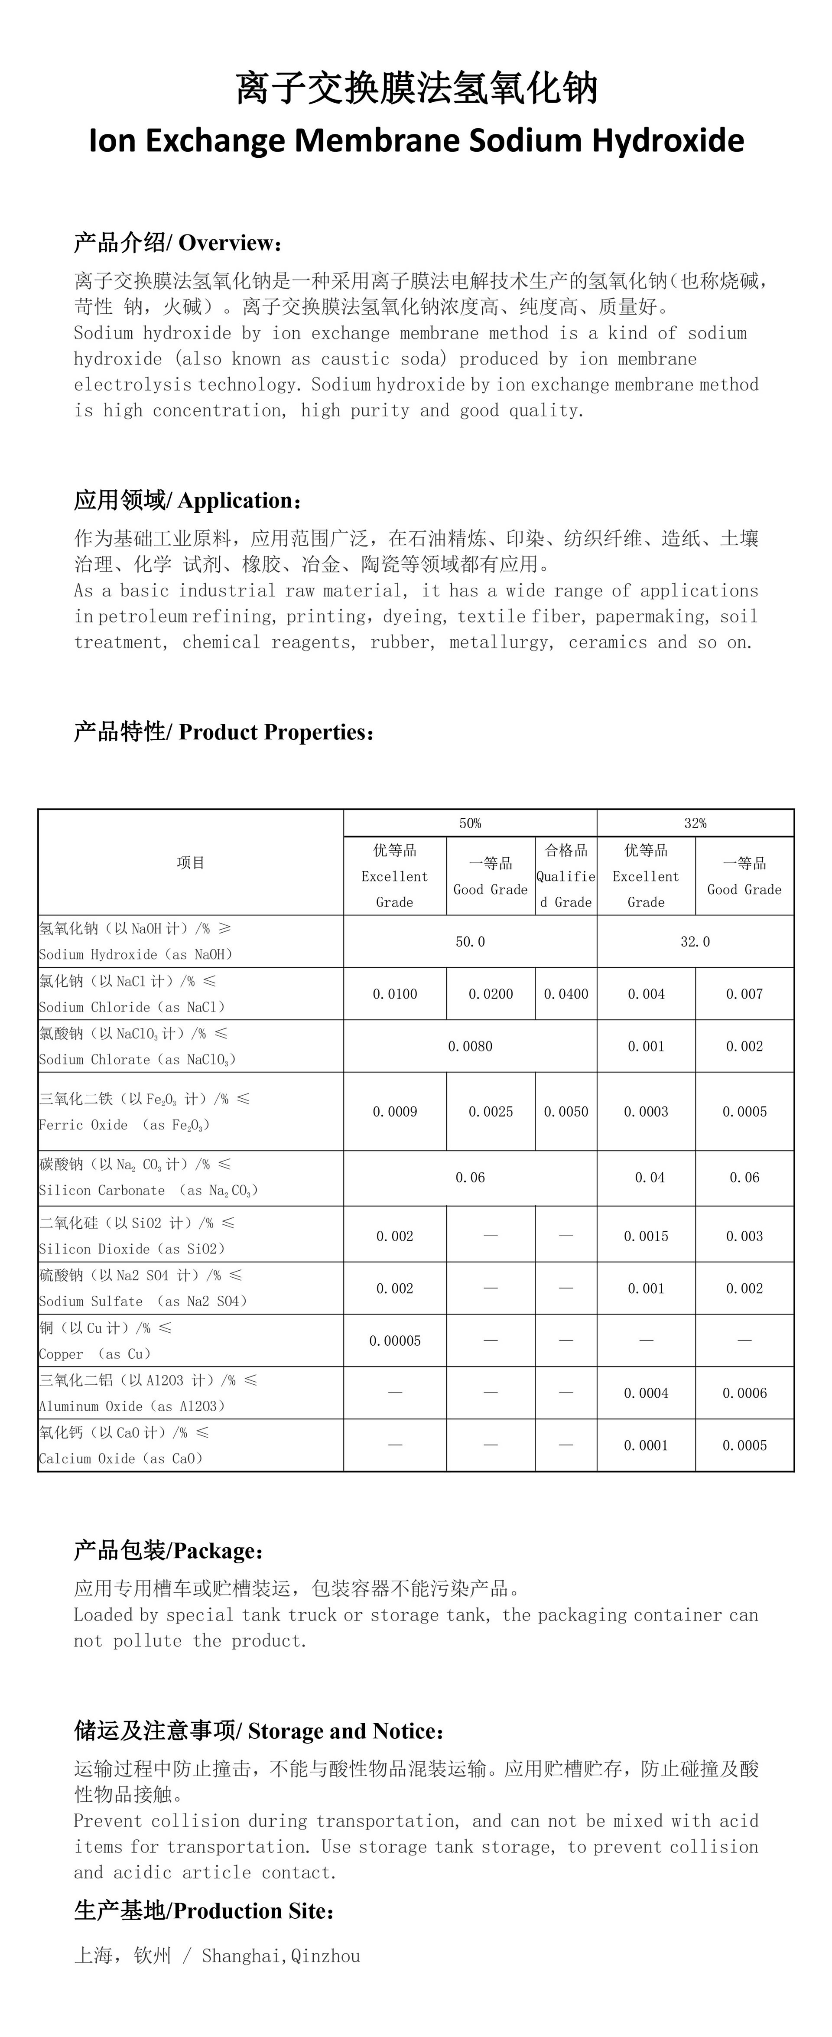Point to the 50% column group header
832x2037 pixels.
pos(470,823)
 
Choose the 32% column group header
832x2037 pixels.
pos(695,823)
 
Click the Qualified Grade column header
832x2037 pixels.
pos(565,876)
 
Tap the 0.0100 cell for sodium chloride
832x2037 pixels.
pos(395,994)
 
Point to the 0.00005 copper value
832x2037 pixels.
pos(395,1341)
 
